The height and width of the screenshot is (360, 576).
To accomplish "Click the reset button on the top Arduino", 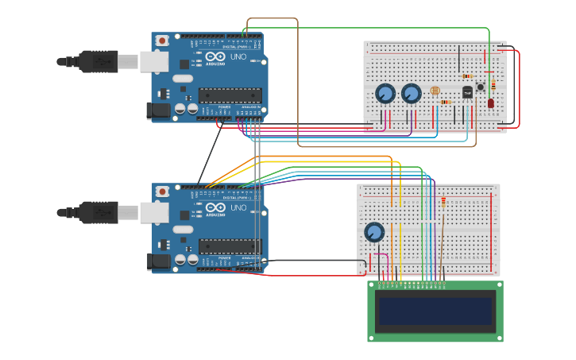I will click(162, 41).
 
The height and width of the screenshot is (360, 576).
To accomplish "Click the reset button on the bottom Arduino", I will click(162, 192).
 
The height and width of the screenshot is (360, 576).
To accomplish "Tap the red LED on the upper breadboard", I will click(491, 103).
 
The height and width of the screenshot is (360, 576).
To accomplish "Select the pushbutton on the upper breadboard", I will click(480, 87).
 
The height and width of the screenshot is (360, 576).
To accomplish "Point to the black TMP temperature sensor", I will click(467, 92).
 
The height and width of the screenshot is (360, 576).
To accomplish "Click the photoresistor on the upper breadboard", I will click(434, 92).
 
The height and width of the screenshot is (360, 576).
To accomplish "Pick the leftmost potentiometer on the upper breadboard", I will click(385, 94).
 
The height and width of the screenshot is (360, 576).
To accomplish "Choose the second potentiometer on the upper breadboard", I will click(411, 94).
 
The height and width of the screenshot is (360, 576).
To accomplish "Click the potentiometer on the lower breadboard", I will click(374, 233).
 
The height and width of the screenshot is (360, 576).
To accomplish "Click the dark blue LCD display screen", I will click(435, 311).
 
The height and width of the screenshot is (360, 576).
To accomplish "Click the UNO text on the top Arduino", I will click(238, 57).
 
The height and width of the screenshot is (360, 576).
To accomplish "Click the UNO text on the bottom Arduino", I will click(238, 208).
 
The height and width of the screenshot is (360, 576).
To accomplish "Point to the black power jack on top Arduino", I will click(160, 111).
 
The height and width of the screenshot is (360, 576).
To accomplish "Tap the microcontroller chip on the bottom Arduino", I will click(230, 247).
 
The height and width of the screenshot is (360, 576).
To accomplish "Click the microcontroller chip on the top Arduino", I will click(230, 96).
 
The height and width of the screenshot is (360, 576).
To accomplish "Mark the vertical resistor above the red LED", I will click(493, 84).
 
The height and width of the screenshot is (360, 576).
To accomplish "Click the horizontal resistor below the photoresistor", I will click(444, 103).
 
